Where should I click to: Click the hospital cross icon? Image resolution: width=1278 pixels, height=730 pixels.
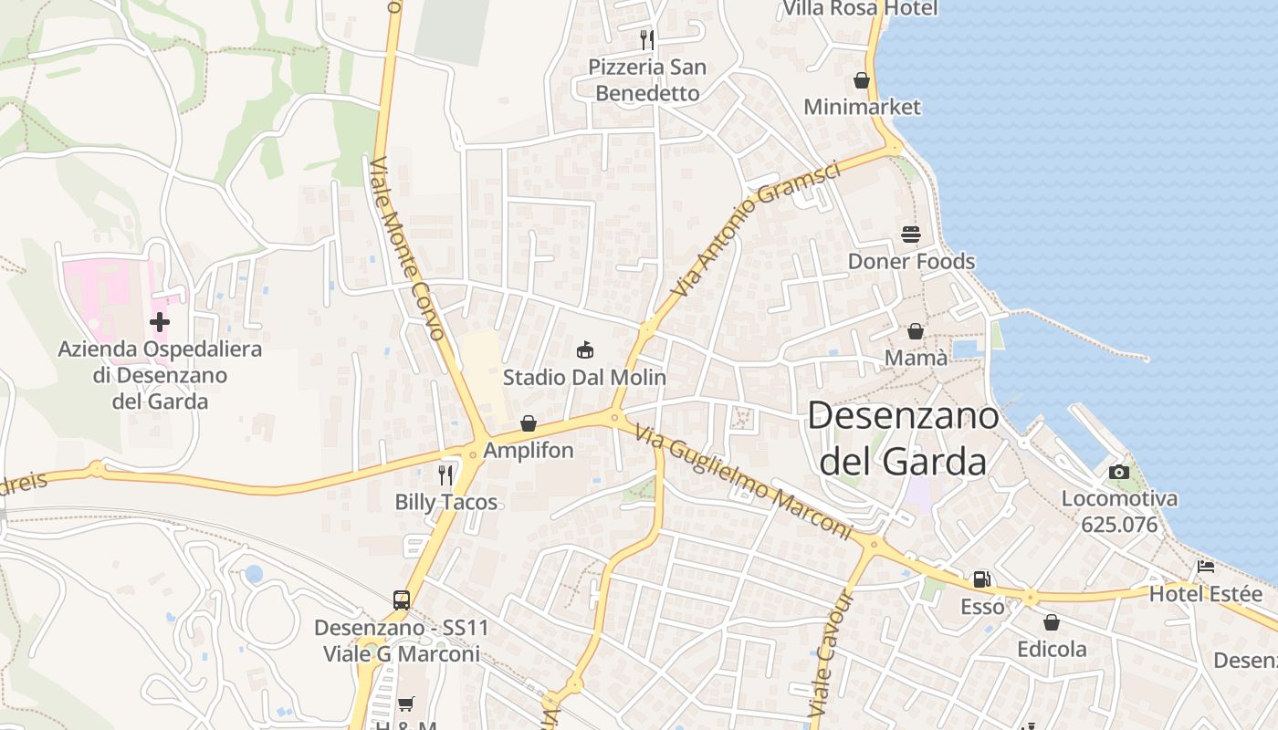point(160,321)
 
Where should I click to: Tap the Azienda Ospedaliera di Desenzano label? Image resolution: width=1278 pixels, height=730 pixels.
point(160,375)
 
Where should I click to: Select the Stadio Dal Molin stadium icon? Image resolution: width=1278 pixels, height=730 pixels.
point(585,349)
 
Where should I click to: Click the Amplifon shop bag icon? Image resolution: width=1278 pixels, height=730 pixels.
point(528,423)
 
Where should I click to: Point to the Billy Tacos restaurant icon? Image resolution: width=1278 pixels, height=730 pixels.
point(445,474)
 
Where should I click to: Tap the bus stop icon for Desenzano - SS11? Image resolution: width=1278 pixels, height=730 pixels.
point(401,600)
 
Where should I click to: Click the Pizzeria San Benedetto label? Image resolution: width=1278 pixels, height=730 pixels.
point(647,80)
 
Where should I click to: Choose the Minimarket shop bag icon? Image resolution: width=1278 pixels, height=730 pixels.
point(862,80)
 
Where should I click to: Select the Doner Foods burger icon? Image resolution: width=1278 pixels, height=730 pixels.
point(910,235)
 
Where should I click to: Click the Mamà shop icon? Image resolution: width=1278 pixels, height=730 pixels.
point(916,331)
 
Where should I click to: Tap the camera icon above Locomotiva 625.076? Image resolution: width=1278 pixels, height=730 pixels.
point(1118,472)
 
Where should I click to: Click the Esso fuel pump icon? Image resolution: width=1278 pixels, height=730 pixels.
point(981,579)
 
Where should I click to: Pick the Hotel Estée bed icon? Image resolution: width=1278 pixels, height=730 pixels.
point(1205,567)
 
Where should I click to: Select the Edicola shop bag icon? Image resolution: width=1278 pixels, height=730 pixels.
point(1052,622)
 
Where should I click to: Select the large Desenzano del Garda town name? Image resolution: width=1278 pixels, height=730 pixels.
point(903,439)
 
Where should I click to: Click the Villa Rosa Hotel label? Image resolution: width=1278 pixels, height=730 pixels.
point(861,9)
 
